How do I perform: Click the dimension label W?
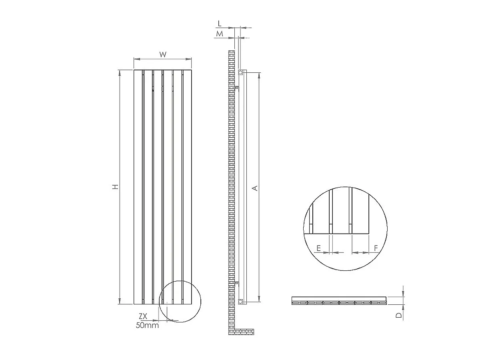[162, 55]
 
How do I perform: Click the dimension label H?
[115, 187]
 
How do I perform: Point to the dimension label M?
[220, 34]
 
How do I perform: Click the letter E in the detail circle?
[318, 248]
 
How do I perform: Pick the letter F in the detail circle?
[376, 248]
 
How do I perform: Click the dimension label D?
[398, 315]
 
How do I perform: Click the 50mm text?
[147, 325]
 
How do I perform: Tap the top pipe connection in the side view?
[240, 73]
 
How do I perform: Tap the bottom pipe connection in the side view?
[240, 301]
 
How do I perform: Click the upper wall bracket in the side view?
[236, 86]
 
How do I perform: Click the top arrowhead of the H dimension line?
[120, 72]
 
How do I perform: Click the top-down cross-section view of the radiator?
[339, 301]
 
